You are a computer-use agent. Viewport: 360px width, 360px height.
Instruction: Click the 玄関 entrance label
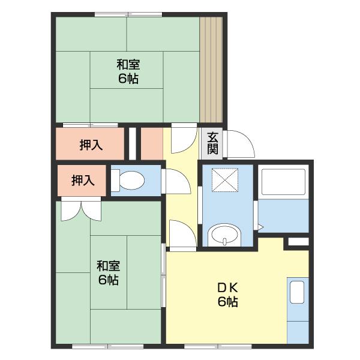[212, 143]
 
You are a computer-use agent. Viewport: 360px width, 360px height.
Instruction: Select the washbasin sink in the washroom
[224, 235]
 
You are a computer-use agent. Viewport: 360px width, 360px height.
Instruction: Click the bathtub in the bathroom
[283, 182]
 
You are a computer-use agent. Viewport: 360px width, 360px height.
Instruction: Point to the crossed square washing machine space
[225, 180]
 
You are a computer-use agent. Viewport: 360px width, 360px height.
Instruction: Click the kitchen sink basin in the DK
[297, 292]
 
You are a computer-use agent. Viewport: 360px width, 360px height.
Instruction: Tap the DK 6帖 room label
[228, 295]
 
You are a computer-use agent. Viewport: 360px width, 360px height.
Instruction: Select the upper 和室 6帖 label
[128, 71]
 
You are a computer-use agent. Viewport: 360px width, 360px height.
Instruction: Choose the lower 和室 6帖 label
[109, 273]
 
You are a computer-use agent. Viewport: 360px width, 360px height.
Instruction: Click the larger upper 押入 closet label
[91, 145]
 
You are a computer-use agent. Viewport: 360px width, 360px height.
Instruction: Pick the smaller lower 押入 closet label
[83, 181]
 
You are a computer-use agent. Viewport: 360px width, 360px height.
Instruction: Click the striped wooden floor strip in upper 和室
[211, 70]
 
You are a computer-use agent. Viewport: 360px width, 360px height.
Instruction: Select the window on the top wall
[128, 14]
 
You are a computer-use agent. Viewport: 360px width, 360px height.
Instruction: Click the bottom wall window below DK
[218, 346]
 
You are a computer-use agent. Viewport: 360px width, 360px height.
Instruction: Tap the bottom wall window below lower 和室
[107, 346]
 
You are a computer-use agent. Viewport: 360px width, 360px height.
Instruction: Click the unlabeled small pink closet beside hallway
[152, 144]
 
